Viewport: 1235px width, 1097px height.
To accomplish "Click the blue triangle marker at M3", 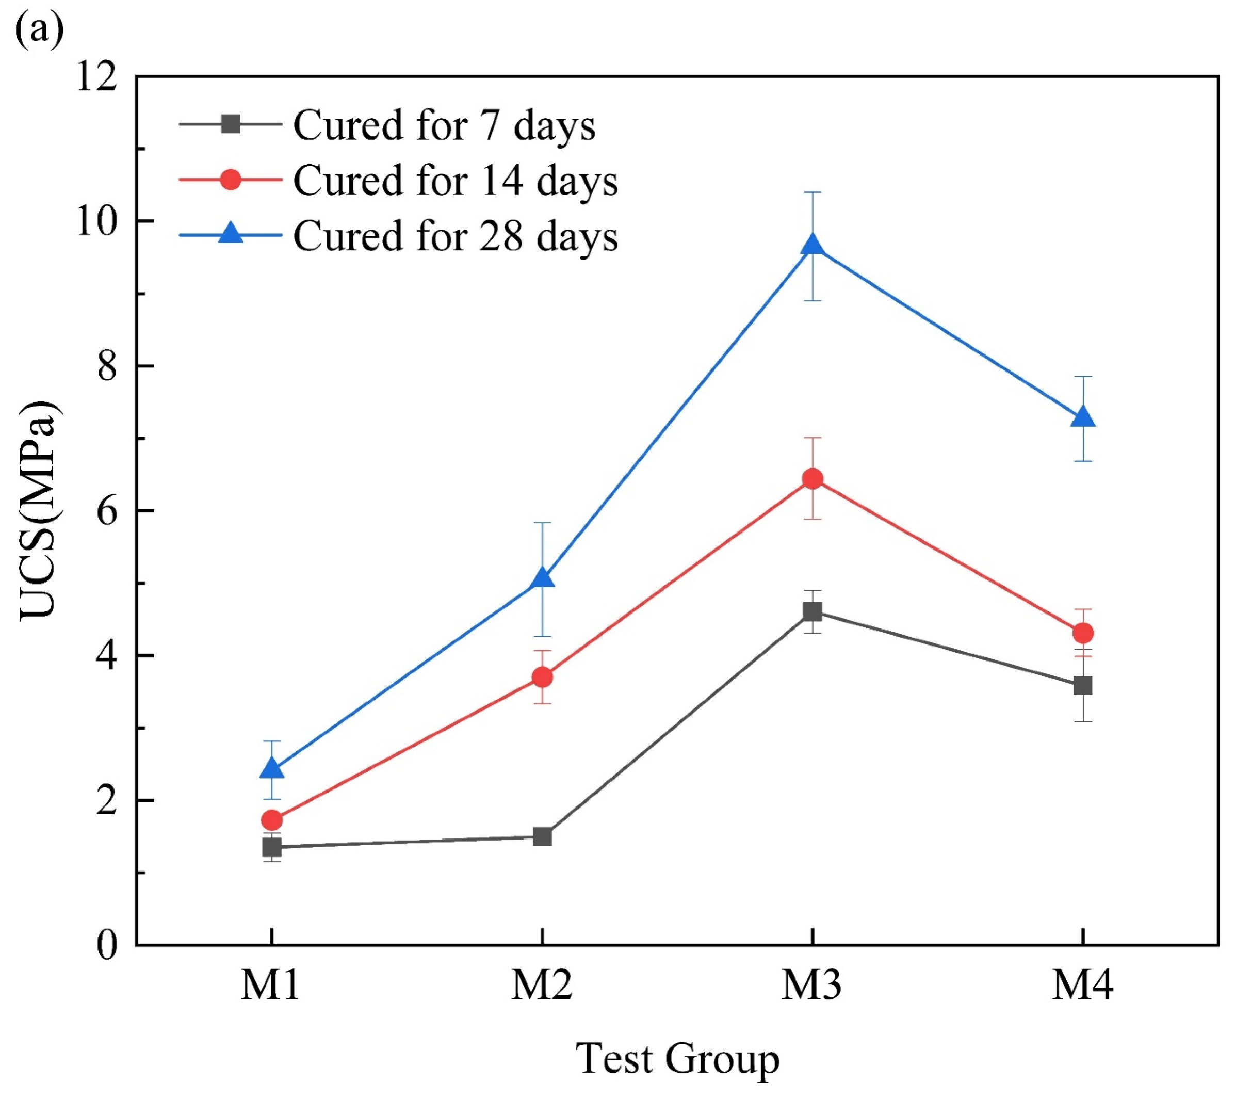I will pyautogui.click(x=813, y=246).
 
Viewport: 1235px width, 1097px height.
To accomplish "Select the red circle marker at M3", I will pyautogui.click(x=813, y=479).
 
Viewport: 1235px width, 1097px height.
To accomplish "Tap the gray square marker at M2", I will pyautogui.click(x=543, y=836).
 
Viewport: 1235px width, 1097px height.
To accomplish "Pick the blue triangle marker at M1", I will pyautogui.click(x=272, y=769).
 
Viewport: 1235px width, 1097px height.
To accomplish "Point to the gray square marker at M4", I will pyautogui.click(x=1083, y=686).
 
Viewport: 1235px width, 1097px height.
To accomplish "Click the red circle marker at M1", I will pyautogui.click(x=272, y=820).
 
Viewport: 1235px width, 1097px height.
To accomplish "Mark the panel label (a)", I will pyautogui.click(x=39, y=31).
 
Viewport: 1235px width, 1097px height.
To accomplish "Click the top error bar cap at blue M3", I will pyautogui.click(x=813, y=192).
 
